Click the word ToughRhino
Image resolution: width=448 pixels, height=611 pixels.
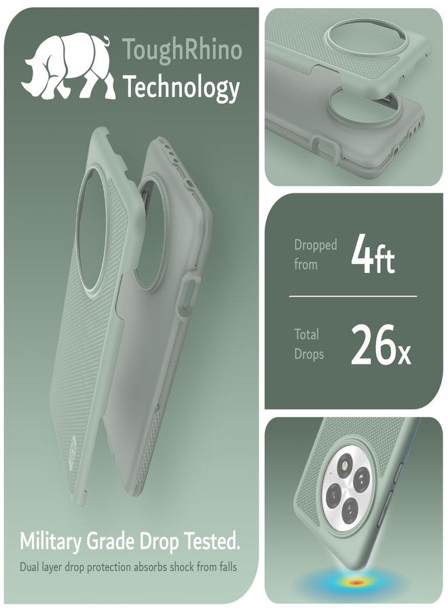[x=183, y=51]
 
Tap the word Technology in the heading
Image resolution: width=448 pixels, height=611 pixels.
[x=181, y=88]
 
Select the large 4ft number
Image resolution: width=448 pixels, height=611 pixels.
[x=373, y=255]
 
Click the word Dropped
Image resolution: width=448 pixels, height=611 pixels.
[x=315, y=246]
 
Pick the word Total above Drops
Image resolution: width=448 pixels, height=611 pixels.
[x=306, y=334]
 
